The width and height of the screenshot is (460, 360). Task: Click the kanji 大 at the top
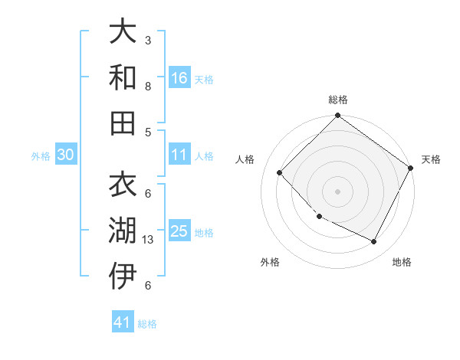pos(123,32)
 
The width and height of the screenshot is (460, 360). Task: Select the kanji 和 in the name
pos(123,78)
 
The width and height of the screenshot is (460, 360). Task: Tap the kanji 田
pos(123,123)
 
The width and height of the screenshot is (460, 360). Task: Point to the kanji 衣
pos(123,186)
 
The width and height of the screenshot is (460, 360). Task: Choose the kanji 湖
pos(123,231)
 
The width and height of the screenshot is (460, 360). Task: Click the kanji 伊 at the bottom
pos(123,277)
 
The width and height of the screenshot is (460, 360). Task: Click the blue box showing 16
pos(179,77)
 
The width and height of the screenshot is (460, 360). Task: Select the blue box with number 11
pos(179,155)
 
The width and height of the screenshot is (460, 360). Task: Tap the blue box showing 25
pos(179,231)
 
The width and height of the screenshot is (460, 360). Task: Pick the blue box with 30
pos(66,155)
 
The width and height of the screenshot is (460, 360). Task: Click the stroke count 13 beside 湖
pos(149,239)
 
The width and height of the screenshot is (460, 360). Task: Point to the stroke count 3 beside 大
pos(148,40)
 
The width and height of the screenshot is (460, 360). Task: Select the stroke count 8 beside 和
pos(148,86)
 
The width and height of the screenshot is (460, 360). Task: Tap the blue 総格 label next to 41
pos(147,324)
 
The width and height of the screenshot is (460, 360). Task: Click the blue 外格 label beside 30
pos(41,156)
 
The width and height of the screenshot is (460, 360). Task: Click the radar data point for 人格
pos(280,173)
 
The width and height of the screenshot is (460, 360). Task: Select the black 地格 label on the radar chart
pos(402,262)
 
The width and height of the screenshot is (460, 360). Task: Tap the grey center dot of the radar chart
pos(337,191)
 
